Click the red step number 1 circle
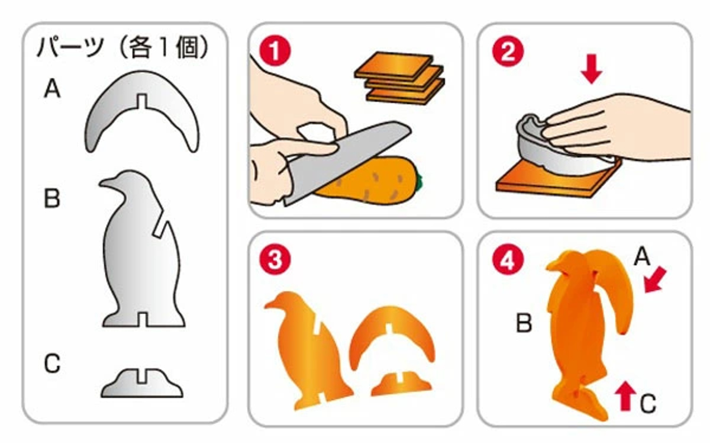[x=275, y=51]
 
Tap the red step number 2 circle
[x=508, y=52]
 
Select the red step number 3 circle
[x=275, y=260]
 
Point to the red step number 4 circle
[x=508, y=260]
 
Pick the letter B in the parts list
[x=52, y=198]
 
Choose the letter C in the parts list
[x=52, y=363]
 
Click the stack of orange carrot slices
[x=400, y=78]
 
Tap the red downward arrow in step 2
[x=592, y=69]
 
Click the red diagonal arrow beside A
[x=656, y=279]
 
